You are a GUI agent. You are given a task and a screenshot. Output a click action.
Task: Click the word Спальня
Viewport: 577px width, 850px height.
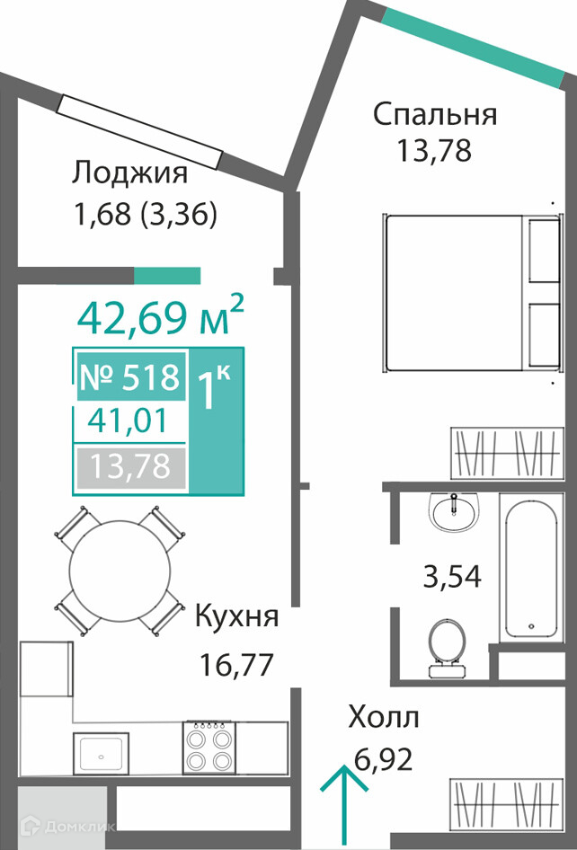435,116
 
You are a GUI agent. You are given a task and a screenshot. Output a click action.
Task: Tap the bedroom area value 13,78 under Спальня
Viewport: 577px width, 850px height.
434,151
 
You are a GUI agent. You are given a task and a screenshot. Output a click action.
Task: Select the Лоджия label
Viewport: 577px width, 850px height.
130,173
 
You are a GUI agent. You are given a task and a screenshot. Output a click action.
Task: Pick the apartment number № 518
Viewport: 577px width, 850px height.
129,377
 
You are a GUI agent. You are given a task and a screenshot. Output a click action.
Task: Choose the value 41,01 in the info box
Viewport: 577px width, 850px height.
128,421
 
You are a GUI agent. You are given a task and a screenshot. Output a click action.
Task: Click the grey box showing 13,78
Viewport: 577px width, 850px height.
130,466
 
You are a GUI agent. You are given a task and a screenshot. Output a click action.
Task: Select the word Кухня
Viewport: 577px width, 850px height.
237,617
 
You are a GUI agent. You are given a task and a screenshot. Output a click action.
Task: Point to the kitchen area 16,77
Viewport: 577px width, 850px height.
235,665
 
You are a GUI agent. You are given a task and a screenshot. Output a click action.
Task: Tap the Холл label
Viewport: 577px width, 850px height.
384,718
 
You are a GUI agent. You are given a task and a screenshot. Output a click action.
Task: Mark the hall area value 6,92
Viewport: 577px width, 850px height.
384,759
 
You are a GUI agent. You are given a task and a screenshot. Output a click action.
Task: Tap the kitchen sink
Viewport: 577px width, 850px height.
102,755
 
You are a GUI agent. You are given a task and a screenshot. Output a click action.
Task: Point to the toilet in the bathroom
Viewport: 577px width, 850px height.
447,649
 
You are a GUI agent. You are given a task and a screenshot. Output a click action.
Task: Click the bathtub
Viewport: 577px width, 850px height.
530,568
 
